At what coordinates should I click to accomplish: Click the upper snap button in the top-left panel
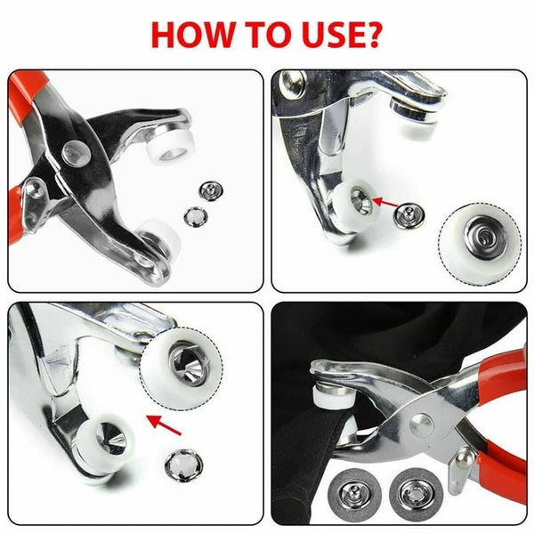[210, 189]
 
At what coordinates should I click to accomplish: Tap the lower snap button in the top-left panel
[193, 215]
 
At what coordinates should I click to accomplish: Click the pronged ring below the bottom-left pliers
[184, 463]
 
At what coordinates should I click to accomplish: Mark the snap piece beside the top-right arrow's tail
[412, 213]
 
